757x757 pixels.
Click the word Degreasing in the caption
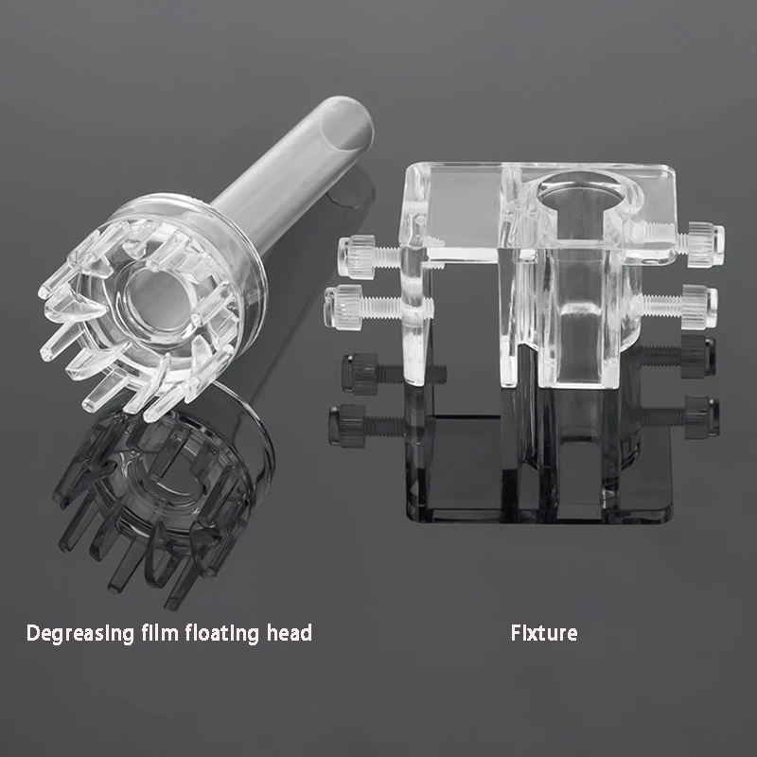pyautogui.click(x=80, y=633)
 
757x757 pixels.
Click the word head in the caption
pyautogui.click(x=290, y=632)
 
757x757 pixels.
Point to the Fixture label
pyautogui.click(x=544, y=632)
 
